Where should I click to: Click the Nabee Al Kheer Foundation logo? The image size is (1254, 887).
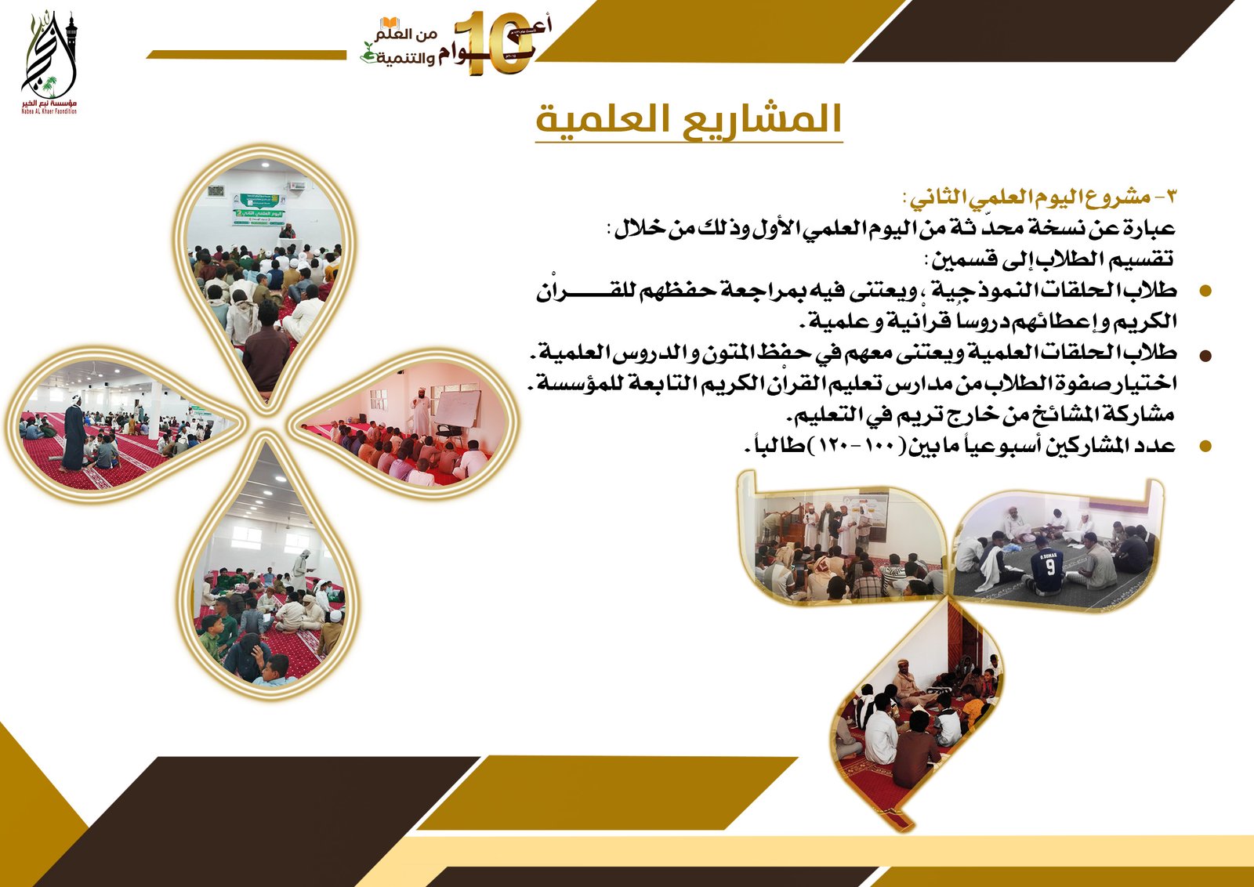(49, 63)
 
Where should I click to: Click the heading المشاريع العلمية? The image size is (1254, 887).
(688, 119)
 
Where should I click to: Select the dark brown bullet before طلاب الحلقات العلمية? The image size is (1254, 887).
(1205, 355)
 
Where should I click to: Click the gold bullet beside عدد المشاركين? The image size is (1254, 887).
(1205, 447)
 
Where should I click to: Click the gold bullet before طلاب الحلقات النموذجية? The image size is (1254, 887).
(1205, 291)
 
